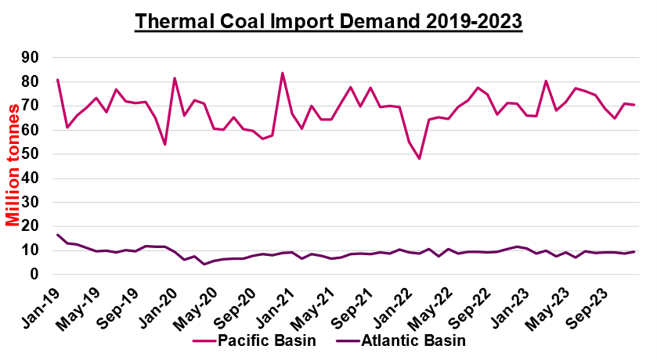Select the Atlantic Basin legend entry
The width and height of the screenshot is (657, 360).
[x=405, y=340]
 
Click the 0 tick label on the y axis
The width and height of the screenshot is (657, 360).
[x=34, y=275]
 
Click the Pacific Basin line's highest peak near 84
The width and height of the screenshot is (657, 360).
[x=282, y=73]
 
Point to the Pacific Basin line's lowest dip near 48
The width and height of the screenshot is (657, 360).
[x=419, y=159]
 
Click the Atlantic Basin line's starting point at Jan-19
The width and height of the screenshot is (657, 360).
[x=58, y=235]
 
